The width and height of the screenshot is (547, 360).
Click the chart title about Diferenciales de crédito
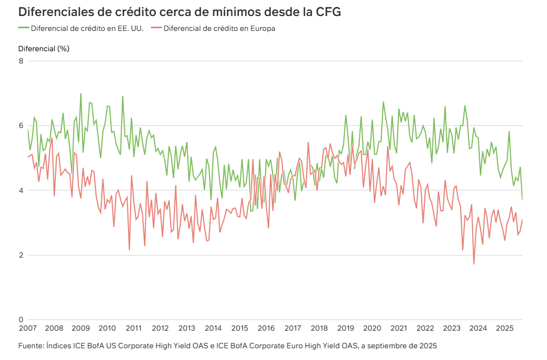tap(179, 12)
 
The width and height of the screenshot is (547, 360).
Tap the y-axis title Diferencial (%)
tap(44, 49)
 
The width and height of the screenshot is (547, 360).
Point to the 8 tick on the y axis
tap(21, 61)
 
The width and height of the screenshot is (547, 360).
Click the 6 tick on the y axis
tap(21, 126)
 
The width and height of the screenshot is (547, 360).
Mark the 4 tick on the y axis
tap(21, 190)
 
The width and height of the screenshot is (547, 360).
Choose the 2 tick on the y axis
tap(21, 255)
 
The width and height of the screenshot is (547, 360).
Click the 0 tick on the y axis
tap(21, 319)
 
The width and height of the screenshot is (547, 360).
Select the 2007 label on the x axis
tap(27, 328)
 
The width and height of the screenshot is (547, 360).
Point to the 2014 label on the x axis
tap(213, 328)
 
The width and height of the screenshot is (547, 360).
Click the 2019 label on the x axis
tap(345, 328)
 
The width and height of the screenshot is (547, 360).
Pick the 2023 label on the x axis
tap(452, 328)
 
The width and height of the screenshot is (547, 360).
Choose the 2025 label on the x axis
tap(504, 328)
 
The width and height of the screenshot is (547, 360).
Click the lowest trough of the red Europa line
tap(474, 264)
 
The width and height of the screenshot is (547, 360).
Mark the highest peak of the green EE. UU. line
tap(81, 93)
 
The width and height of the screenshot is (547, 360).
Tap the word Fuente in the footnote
tap(31, 346)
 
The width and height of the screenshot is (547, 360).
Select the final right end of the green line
tap(522, 200)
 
